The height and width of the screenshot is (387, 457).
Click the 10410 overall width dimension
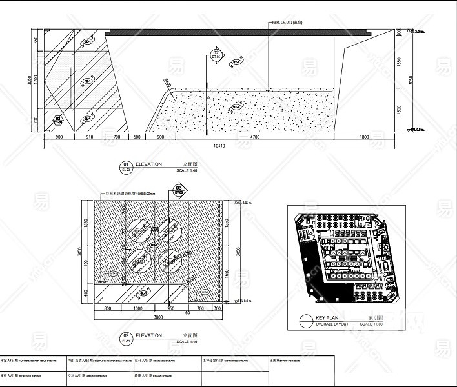(219, 146)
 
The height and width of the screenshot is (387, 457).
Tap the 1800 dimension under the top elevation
(364, 137)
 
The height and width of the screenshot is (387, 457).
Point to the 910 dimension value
(90, 137)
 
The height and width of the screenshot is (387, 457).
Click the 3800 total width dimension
(157, 317)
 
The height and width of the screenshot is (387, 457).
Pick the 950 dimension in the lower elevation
(171, 309)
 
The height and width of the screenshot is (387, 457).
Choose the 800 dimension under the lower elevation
(108, 309)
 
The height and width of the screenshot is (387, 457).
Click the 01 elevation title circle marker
(126, 165)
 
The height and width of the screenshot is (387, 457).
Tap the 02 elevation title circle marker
(126, 337)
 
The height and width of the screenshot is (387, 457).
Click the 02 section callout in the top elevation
(216, 54)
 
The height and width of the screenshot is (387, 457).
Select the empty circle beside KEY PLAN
(306, 321)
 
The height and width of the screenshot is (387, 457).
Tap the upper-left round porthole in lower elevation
(139, 230)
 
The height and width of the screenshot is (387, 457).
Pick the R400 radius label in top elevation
(168, 83)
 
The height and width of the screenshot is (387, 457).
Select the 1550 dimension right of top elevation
(400, 61)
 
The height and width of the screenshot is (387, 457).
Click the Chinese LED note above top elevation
(288, 22)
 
